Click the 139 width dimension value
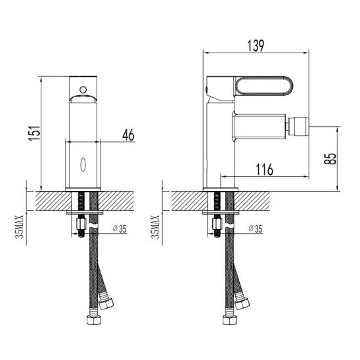click(x=256, y=46)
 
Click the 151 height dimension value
click(x=34, y=133)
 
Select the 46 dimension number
click(x=128, y=135)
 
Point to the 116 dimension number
click(x=265, y=169)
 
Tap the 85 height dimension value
click(x=330, y=158)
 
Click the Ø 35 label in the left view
click(x=120, y=229)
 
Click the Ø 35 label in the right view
click(x=256, y=229)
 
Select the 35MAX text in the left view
click(x=19, y=227)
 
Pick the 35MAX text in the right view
click(x=155, y=227)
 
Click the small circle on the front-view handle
click(x=83, y=89)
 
